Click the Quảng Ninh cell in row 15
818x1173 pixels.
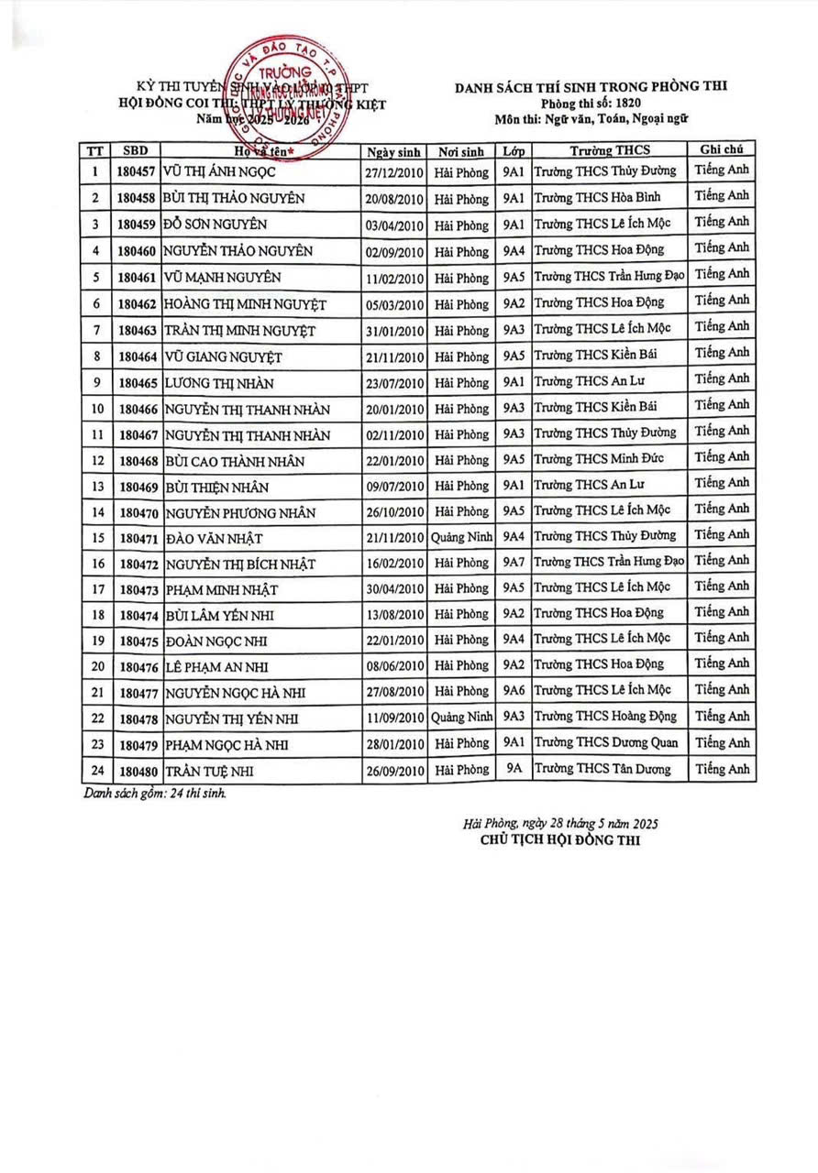pyautogui.click(x=461, y=537)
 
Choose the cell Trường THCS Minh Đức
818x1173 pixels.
pyautogui.click(x=599, y=458)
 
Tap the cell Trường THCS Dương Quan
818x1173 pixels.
pyautogui.click(x=606, y=743)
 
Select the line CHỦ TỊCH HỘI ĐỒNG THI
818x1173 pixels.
pyautogui.click(x=560, y=839)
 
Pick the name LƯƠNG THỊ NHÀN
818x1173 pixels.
pyautogui.click(x=218, y=383)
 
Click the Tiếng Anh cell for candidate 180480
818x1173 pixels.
pyautogui.click(x=723, y=770)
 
